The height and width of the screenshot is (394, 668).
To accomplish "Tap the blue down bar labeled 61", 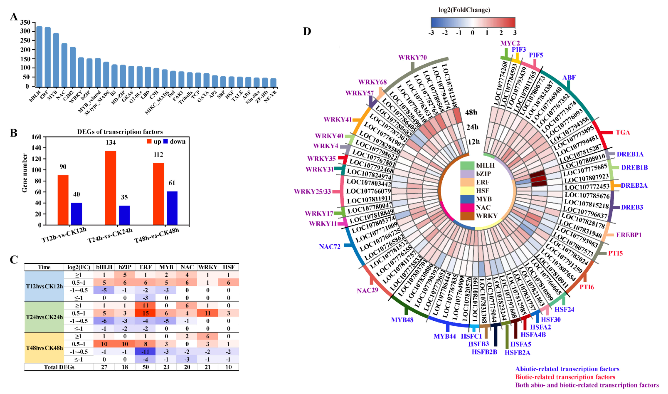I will [172, 208].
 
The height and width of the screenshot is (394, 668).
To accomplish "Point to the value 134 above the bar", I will [111, 143].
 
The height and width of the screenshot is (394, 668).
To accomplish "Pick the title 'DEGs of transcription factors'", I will [120, 132].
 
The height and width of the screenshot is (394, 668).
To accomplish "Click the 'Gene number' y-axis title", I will [25, 173].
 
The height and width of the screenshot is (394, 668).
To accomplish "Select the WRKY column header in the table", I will [207, 267].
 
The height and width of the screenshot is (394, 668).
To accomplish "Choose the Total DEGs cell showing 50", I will [145, 367].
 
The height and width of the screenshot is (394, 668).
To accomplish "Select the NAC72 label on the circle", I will [330, 247].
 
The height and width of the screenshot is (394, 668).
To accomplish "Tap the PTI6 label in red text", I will [587, 287].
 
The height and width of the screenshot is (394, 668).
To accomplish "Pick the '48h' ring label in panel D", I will [471, 112].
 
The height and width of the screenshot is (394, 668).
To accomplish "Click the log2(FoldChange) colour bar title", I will [464, 10].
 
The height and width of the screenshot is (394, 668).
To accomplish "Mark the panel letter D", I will [307, 31].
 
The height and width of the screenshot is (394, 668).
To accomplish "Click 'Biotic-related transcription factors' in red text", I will [565, 377].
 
